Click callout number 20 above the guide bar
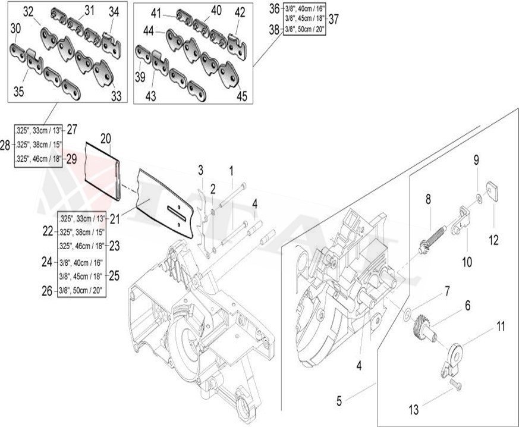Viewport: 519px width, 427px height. [x=105, y=139]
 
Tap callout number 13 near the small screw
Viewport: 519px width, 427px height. [x=414, y=409]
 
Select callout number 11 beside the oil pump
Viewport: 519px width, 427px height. [x=501, y=325]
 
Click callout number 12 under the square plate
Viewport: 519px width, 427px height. [x=495, y=241]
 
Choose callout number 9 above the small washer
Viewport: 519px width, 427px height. [x=476, y=159]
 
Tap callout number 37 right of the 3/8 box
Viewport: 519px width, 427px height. [x=334, y=19]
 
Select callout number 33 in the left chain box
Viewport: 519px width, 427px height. [x=116, y=95]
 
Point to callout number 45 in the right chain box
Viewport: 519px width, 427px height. [x=241, y=96]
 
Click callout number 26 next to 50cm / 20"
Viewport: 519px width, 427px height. [x=47, y=290]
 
